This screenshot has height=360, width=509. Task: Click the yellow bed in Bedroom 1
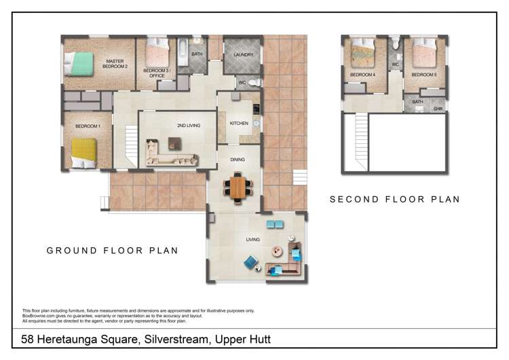coord(84,153)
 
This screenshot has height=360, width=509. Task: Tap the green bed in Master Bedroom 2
coord(79,64)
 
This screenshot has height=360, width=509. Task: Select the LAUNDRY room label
coord(243,55)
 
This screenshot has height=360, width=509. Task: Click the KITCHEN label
coord(239,124)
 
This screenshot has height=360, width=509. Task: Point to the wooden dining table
coord(238,187)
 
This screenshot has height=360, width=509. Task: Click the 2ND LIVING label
coord(189,126)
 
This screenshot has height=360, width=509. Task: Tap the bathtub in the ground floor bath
coord(183,52)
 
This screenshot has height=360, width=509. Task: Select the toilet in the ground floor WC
coord(254,82)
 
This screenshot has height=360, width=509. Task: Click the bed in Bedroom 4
coord(364,53)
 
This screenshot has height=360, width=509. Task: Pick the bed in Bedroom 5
coord(424,52)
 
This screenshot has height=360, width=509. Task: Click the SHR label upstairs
coord(438,109)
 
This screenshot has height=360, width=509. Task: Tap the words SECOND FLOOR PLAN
coord(395,199)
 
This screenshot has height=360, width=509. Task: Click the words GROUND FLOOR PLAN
coord(112,251)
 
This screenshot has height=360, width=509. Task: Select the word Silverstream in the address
coord(176,339)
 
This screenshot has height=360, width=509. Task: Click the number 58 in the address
coord(27,339)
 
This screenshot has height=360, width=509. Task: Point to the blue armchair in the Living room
coord(251,262)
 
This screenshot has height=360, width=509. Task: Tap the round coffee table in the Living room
coord(277,251)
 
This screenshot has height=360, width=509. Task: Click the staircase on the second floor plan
coord(362,141)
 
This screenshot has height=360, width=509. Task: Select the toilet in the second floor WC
coord(395,43)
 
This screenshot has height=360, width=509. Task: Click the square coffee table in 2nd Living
coord(174,143)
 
